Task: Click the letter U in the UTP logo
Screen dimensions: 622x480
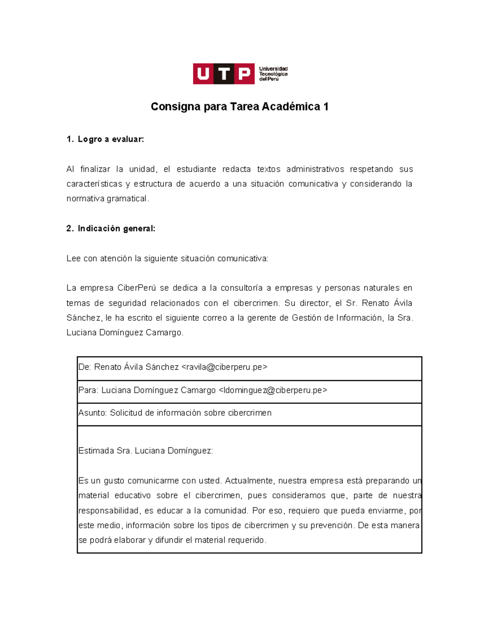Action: (203, 74)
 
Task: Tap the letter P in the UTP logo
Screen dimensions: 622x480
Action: (244, 74)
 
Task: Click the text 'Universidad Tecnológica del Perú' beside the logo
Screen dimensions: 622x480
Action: (273, 74)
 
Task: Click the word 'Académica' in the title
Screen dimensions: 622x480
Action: (291, 107)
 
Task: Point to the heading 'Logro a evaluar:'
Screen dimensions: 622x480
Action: (110, 139)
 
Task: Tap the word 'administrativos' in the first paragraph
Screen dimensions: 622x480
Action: (315, 169)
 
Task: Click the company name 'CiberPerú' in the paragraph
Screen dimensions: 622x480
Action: (136, 288)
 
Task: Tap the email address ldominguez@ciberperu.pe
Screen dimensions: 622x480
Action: (273, 390)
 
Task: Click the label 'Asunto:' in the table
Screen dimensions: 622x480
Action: (92, 413)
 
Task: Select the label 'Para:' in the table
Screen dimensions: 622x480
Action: (88, 390)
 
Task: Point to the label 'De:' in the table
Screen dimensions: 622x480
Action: (85, 367)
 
